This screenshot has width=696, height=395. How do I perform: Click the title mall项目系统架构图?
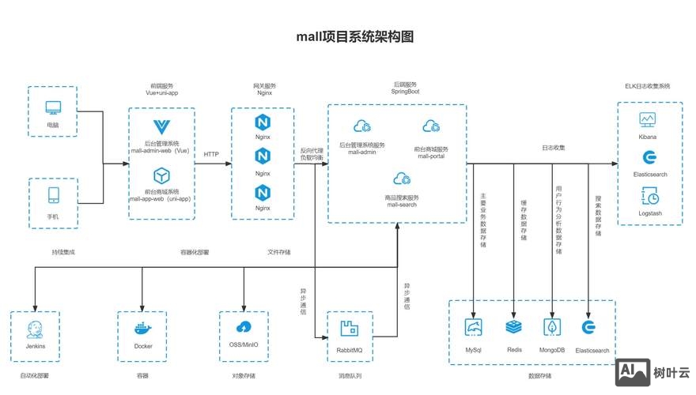point(355,36)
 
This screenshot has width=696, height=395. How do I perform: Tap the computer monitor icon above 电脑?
point(53,107)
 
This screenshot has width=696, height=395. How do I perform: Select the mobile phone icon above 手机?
point(53,195)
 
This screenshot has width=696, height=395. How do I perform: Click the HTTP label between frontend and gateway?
point(211,154)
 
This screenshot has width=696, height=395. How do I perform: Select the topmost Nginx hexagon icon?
point(263,122)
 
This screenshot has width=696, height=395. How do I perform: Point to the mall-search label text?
point(402,205)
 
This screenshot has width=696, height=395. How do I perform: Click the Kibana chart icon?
point(649,119)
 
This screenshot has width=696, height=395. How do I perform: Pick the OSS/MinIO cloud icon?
point(244,327)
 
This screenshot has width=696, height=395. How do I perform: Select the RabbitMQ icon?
point(350,329)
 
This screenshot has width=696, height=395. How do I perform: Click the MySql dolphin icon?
point(473,327)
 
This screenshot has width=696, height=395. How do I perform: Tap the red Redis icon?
point(514,327)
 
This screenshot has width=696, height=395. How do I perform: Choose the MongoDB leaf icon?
point(551,327)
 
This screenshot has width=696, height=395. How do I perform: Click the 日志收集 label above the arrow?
point(553,148)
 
